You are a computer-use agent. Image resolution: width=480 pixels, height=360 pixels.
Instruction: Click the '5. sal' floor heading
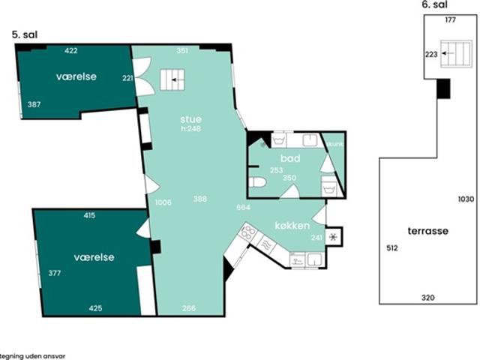tap(25, 34)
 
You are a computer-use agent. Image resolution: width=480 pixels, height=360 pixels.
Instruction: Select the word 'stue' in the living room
tap(190, 118)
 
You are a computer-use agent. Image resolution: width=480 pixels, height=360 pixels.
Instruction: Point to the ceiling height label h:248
tap(190, 128)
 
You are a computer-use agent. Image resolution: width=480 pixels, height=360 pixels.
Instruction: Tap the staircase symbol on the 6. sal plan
tap(451, 53)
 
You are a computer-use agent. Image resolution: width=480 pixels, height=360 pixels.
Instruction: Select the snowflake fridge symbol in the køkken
tap(333, 236)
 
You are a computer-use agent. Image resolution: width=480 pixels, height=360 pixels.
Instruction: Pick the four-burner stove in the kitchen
tap(247, 233)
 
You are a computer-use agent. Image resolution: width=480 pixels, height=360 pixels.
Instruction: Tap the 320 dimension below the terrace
tap(427, 298)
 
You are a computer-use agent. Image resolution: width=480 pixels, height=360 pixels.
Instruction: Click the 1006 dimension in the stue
tap(163, 202)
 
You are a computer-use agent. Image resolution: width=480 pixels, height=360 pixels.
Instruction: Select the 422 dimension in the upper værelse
tap(71, 51)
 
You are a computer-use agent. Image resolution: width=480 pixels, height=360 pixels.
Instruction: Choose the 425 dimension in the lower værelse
tap(94, 307)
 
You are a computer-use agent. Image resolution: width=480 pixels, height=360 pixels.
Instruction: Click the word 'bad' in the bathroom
tap(290, 159)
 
